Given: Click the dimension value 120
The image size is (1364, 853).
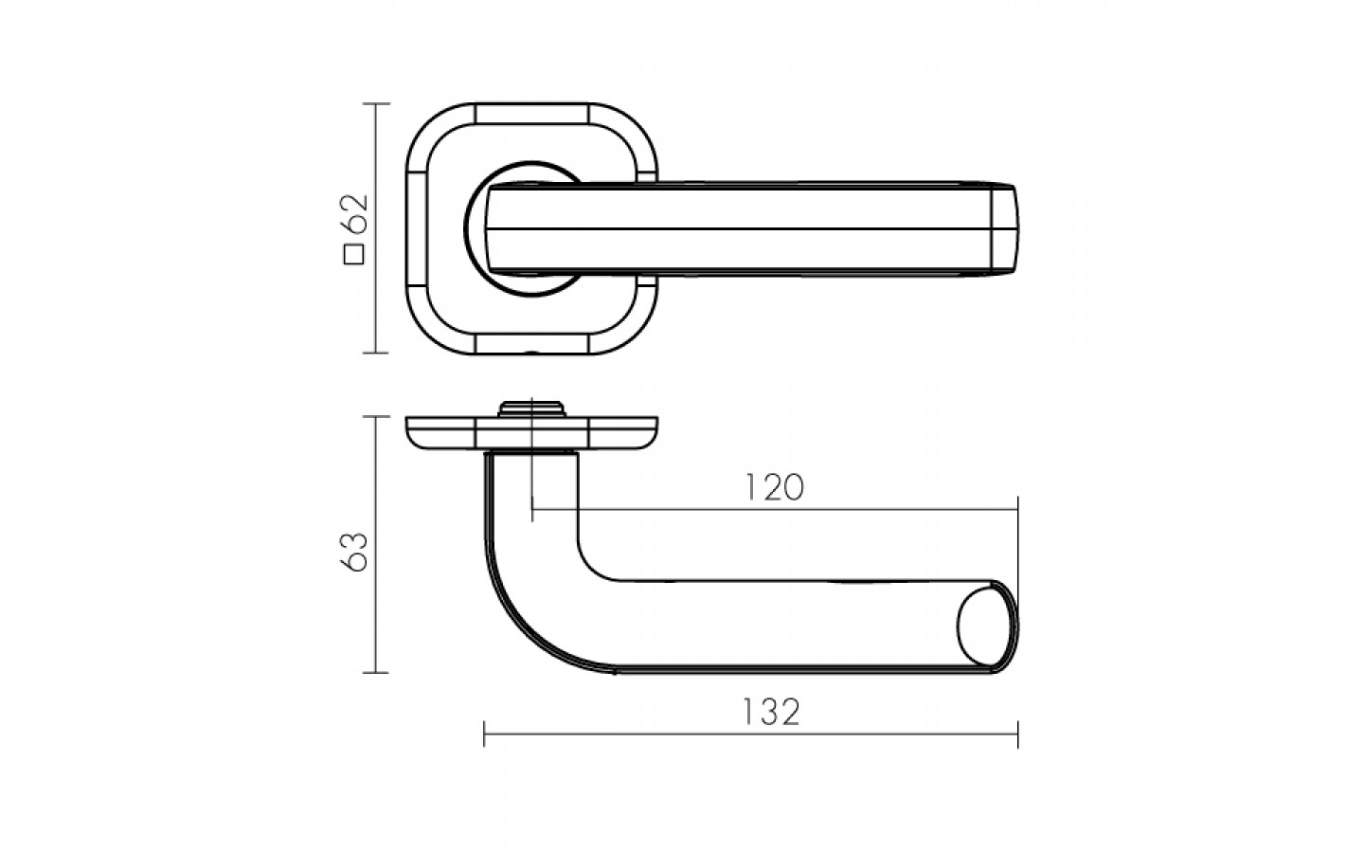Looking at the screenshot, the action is (x=775, y=488).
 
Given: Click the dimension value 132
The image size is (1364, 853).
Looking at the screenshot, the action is (x=771, y=712).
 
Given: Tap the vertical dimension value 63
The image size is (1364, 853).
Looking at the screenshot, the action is (x=355, y=552).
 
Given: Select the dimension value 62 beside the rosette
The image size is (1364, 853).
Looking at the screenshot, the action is (x=355, y=214).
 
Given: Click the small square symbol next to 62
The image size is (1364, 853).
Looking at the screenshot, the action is (x=354, y=255).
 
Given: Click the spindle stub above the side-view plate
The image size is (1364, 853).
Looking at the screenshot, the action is (x=531, y=408).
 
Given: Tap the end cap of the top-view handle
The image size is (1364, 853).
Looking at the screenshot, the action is (x=1005, y=228).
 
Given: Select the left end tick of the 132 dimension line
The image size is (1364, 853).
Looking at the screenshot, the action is (x=484, y=735).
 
